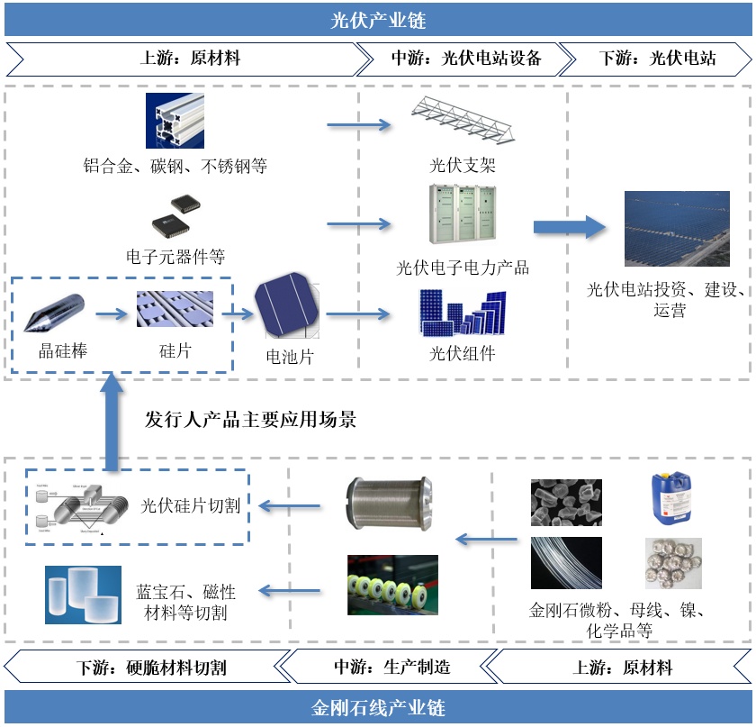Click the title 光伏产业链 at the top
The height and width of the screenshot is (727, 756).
tap(377, 19)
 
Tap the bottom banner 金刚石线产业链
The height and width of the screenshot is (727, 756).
tap(377, 708)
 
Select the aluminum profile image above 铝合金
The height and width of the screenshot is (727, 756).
tap(175, 121)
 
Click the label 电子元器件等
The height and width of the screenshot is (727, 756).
tap(175, 258)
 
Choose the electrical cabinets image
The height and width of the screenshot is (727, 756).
tap(463, 214)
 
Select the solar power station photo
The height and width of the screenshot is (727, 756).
tap(664, 229)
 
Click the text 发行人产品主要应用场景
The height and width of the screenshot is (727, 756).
tap(251, 420)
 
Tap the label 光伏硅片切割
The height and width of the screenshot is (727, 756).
tap(190, 506)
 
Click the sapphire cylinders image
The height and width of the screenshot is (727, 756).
tap(84, 595)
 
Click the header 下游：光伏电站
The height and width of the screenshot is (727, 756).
tap(657, 59)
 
